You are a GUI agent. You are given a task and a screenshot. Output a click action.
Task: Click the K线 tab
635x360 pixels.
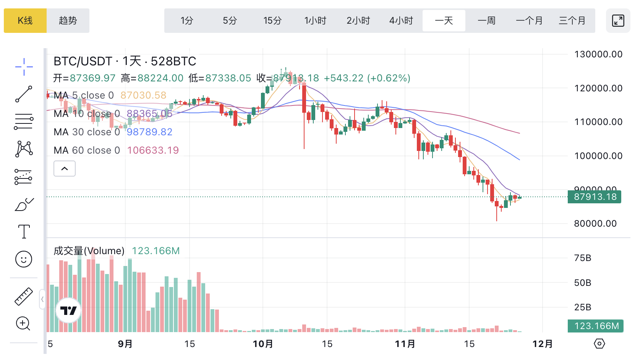pyautogui.click(x=25, y=21)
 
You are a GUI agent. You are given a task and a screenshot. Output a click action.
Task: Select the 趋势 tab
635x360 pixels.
pyautogui.click(x=68, y=21)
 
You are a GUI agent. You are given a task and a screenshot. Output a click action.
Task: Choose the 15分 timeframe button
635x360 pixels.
pyautogui.click(x=272, y=21)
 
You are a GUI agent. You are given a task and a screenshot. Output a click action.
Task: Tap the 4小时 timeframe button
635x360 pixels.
pyautogui.click(x=401, y=21)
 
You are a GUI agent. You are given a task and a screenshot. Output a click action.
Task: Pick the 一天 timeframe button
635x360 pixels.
pyautogui.click(x=444, y=21)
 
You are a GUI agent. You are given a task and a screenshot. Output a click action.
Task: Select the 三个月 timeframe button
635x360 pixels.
pyautogui.click(x=572, y=21)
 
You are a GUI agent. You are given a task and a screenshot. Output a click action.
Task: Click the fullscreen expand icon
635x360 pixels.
pyautogui.click(x=618, y=21)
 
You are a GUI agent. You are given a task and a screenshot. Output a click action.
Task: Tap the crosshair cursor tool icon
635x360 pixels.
pyautogui.click(x=24, y=67)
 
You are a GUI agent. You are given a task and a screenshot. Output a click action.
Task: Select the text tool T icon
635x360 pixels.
pyautogui.click(x=24, y=232)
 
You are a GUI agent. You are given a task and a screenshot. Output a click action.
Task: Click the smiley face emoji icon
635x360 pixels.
pyautogui.click(x=24, y=259)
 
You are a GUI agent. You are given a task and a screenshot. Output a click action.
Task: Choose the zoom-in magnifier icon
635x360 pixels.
pyautogui.click(x=23, y=324)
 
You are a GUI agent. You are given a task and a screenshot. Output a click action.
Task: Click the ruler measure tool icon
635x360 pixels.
pyautogui.click(x=24, y=297)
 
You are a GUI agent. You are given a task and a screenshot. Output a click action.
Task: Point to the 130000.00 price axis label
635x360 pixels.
pyautogui.click(x=598, y=54)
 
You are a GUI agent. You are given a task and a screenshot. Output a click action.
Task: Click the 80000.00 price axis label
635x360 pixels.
pyautogui.click(x=595, y=224)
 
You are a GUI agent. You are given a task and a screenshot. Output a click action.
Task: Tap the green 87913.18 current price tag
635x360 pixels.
pyautogui.click(x=595, y=197)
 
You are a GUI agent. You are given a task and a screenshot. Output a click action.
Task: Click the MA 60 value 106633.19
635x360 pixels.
pyautogui.click(x=153, y=150)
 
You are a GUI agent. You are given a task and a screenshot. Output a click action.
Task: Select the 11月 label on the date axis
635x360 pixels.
pyautogui.click(x=405, y=344)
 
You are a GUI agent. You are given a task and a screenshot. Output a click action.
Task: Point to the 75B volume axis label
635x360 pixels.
pyautogui.click(x=583, y=258)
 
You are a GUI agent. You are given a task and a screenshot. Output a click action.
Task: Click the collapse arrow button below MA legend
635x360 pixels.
pyautogui.click(x=65, y=169)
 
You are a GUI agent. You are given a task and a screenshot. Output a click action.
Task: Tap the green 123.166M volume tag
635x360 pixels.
pyautogui.click(x=596, y=326)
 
